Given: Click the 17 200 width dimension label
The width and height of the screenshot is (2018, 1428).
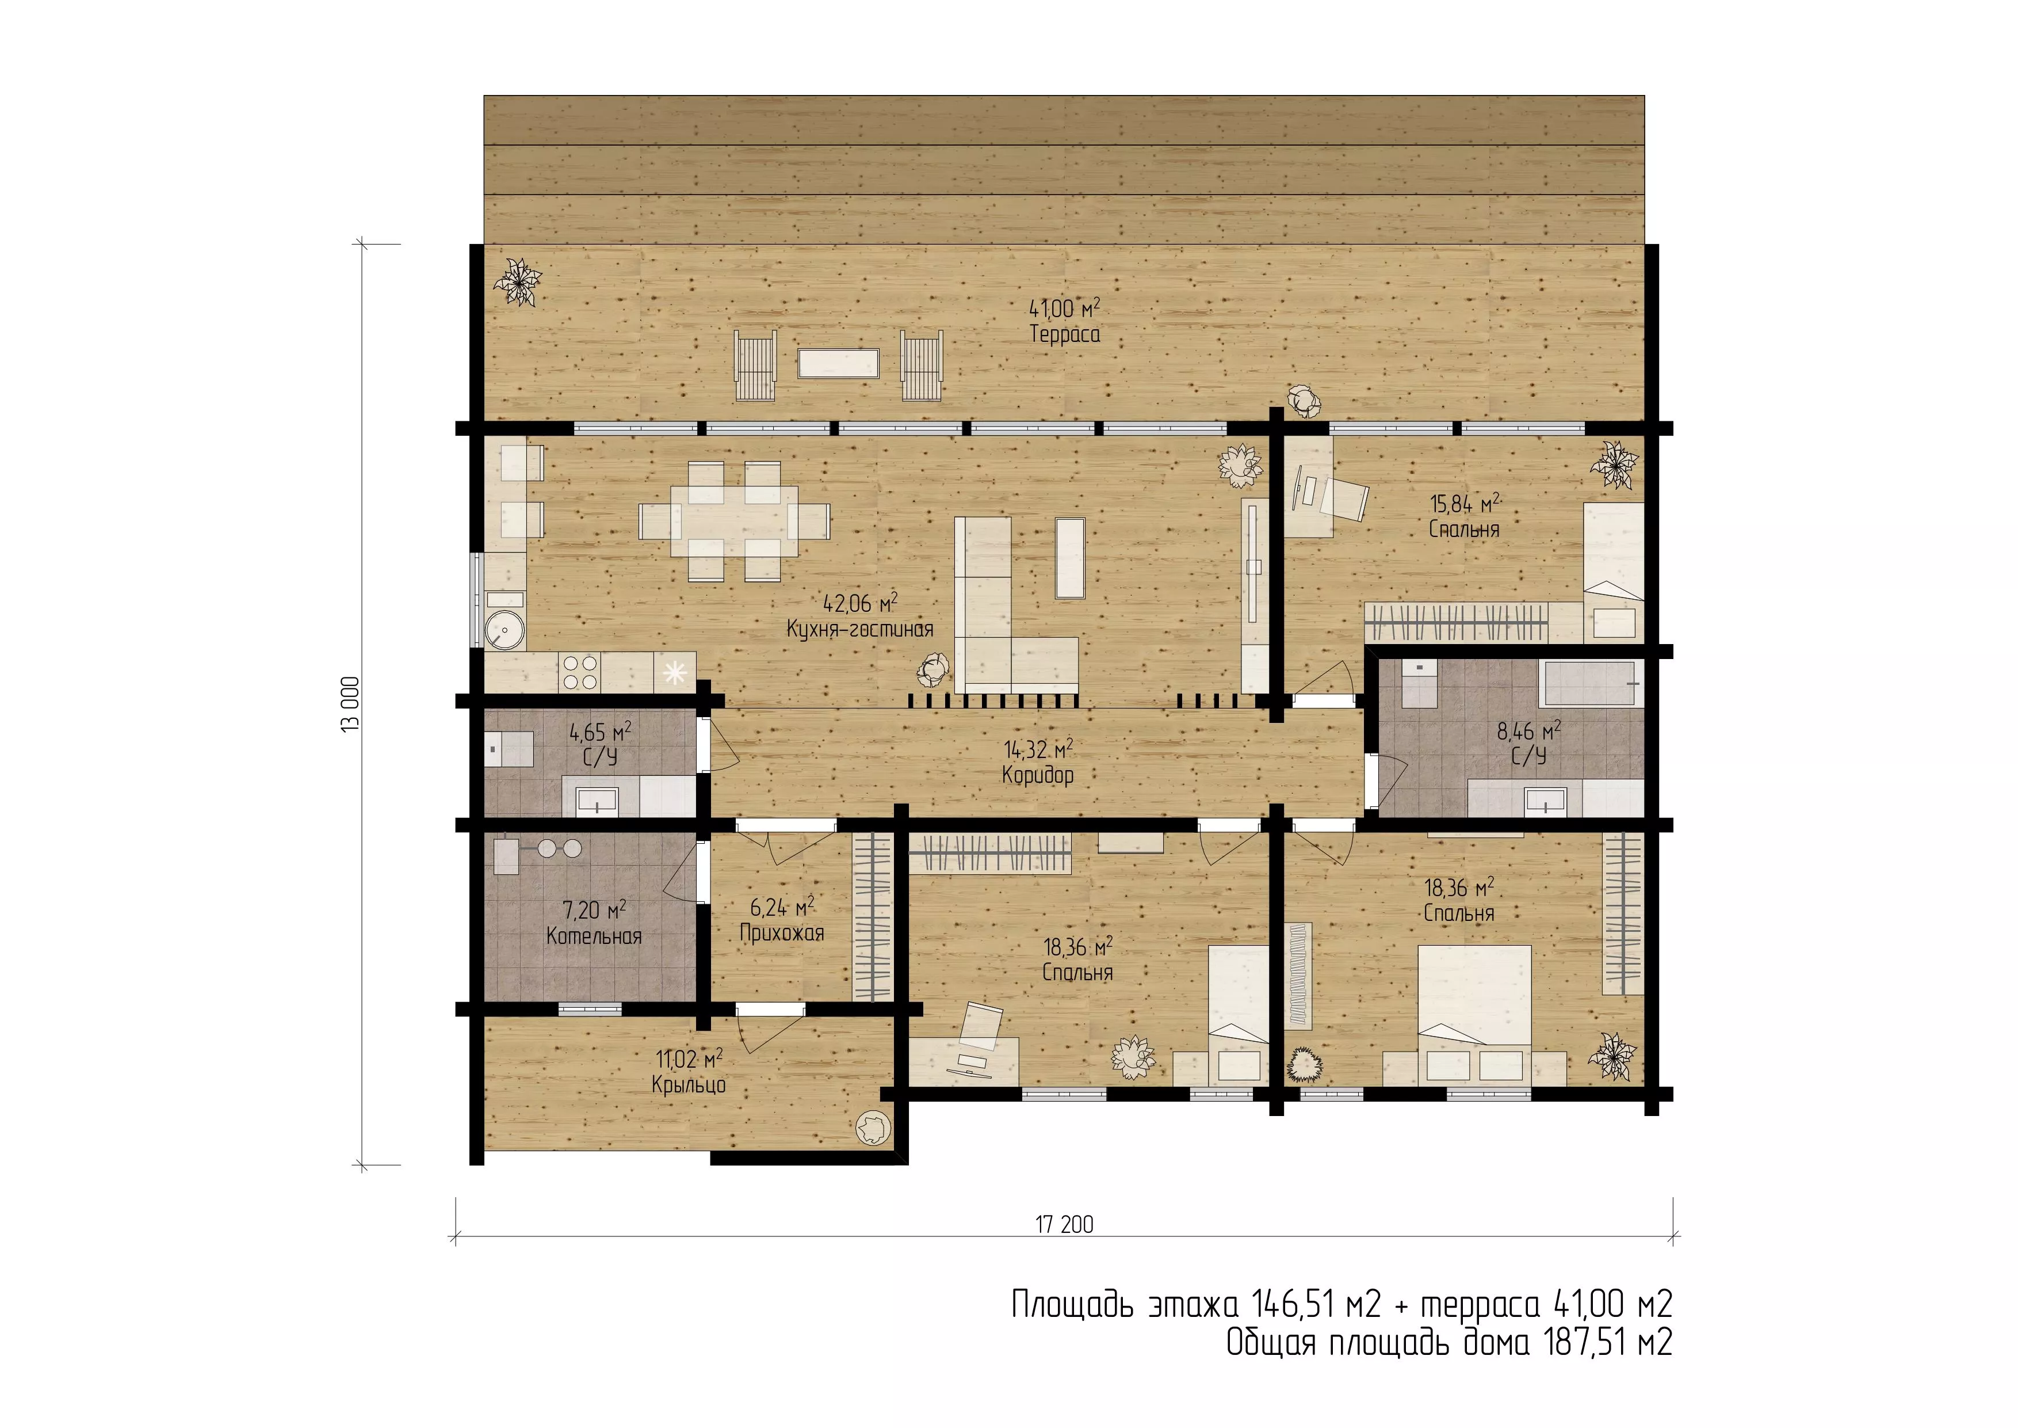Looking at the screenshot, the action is pos(1064,1224).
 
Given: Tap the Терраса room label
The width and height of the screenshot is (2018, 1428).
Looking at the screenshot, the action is pos(1064,334).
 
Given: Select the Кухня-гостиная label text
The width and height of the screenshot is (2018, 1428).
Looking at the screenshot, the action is pos(859,630).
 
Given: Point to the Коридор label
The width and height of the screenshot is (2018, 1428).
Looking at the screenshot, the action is pos(1038,775).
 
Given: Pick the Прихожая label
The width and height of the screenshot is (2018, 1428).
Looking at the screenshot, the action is pos(781,933).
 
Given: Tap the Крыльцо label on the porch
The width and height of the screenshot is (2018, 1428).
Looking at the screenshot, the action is pos(689,1085).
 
